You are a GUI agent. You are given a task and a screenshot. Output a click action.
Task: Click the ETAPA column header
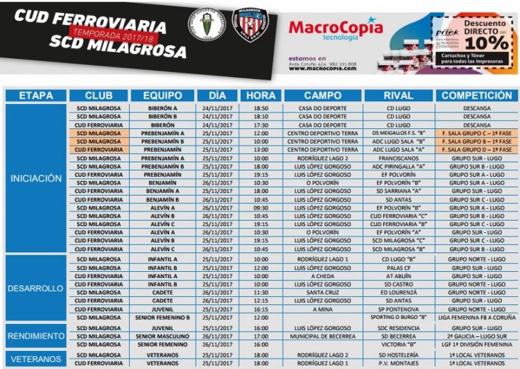pos(36,95)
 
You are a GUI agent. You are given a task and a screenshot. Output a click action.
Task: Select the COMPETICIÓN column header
pos(476,95)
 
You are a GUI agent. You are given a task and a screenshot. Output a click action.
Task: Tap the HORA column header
pos(261,95)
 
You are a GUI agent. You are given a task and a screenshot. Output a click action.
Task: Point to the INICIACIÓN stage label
pos(36,178)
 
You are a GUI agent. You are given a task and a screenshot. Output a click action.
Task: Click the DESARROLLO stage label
pos(36,288)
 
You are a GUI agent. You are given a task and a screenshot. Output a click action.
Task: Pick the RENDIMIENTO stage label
pos(36,336)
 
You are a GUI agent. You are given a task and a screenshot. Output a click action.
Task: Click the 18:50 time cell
pos(261,108)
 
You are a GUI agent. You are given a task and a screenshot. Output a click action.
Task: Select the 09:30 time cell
pos(261,207)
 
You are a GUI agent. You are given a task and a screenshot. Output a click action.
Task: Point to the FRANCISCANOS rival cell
pos(399,158)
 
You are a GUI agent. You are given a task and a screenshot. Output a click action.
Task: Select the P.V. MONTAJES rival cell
pos(399,363)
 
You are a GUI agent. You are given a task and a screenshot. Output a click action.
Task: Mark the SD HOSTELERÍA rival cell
pos(399,354)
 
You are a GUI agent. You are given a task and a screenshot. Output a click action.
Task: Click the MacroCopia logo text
pos(336,28)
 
